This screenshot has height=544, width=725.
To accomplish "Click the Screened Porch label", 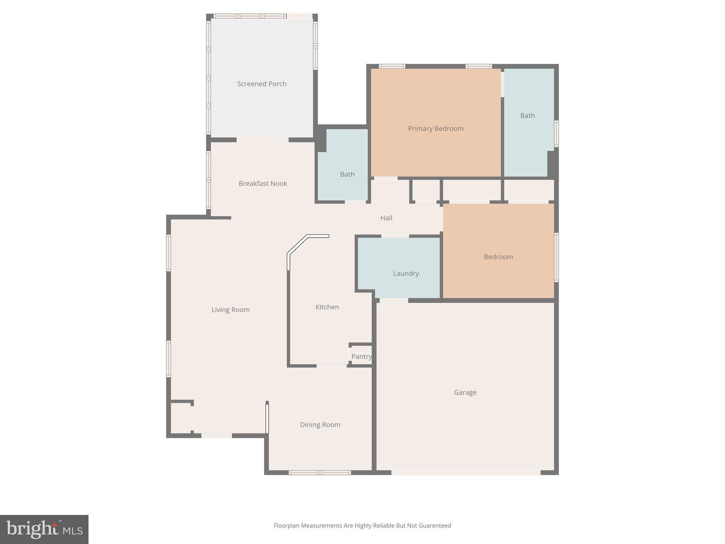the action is pyautogui.click(x=262, y=84).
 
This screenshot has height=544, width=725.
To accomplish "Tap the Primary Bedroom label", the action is pyautogui.click(x=436, y=129).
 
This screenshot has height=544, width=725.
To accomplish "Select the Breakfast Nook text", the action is pyautogui.click(x=263, y=183).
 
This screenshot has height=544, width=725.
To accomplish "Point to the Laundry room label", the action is pyautogui.click(x=406, y=273).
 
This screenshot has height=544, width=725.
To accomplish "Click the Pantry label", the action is pyautogui.click(x=361, y=357).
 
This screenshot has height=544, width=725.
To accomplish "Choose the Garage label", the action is pyautogui.click(x=465, y=392).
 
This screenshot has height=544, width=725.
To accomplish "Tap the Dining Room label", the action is pyautogui.click(x=320, y=425).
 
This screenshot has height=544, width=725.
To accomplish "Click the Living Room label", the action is pyautogui.click(x=230, y=310).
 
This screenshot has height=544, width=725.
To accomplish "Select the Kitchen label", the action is pyautogui.click(x=327, y=307).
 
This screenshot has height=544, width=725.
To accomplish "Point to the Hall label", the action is pyautogui.click(x=386, y=218).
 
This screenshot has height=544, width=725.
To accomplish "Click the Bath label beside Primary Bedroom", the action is pyautogui.click(x=527, y=115).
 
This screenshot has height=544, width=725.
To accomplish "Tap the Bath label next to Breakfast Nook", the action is pyautogui.click(x=347, y=174).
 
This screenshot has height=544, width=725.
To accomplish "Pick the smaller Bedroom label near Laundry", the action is pyautogui.click(x=498, y=257).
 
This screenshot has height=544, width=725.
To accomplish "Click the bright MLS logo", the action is pyautogui.click(x=44, y=529).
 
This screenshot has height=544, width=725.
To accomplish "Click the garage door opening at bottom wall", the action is pyautogui.click(x=466, y=472).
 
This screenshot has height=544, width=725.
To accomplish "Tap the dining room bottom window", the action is pyautogui.click(x=320, y=472).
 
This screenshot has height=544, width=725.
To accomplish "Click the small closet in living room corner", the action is pyautogui.click(x=181, y=418).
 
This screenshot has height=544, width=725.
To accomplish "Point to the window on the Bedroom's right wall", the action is pyautogui.click(x=556, y=257).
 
